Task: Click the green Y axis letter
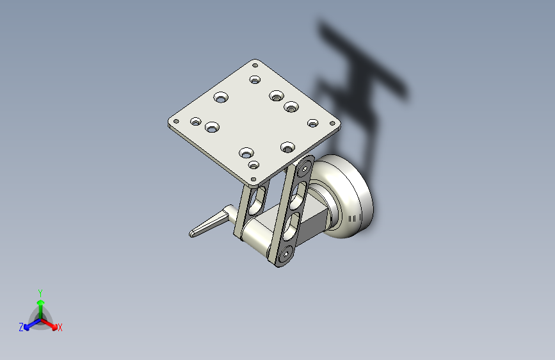(x=40, y=293)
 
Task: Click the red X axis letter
(x=60, y=327)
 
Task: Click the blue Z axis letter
(x=21, y=327)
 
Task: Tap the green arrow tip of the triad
(x=41, y=302)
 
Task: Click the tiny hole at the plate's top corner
(x=255, y=65)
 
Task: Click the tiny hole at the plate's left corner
(x=176, y=121)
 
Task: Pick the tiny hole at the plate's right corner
(x=332, y=123)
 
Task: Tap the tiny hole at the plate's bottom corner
(x=253, y=179)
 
